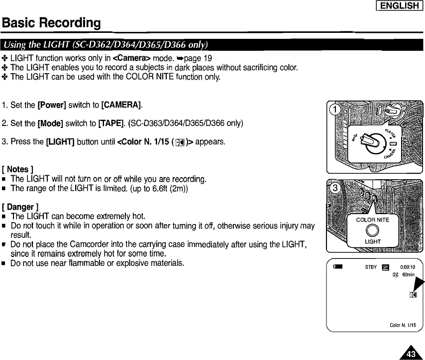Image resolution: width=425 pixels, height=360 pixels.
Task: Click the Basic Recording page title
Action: tap(51, 23)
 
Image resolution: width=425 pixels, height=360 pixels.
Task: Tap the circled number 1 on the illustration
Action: tap(336, 110)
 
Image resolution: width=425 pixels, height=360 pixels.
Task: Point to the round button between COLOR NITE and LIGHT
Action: tap(373, 231)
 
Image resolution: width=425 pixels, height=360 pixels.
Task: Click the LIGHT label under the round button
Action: tap(373, 241)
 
